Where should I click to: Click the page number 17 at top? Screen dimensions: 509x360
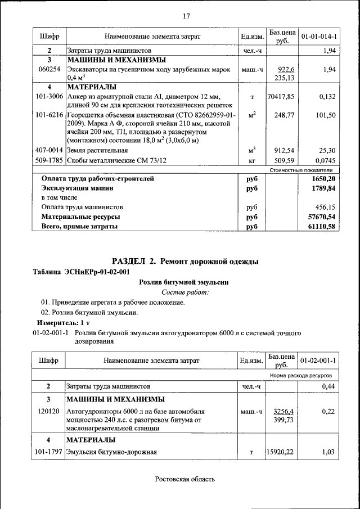click(186, 16)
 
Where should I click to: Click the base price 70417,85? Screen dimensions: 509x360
click(281, 97)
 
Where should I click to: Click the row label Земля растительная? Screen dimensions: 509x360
click(97, 151)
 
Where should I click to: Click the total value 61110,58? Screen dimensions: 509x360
click(319, 227)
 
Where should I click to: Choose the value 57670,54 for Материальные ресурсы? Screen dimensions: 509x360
click(319, 217)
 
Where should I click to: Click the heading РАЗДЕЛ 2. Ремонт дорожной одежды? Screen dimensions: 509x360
click(186, 262)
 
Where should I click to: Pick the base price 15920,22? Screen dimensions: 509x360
click(281, 452)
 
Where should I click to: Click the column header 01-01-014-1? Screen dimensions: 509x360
click(319, 37)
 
